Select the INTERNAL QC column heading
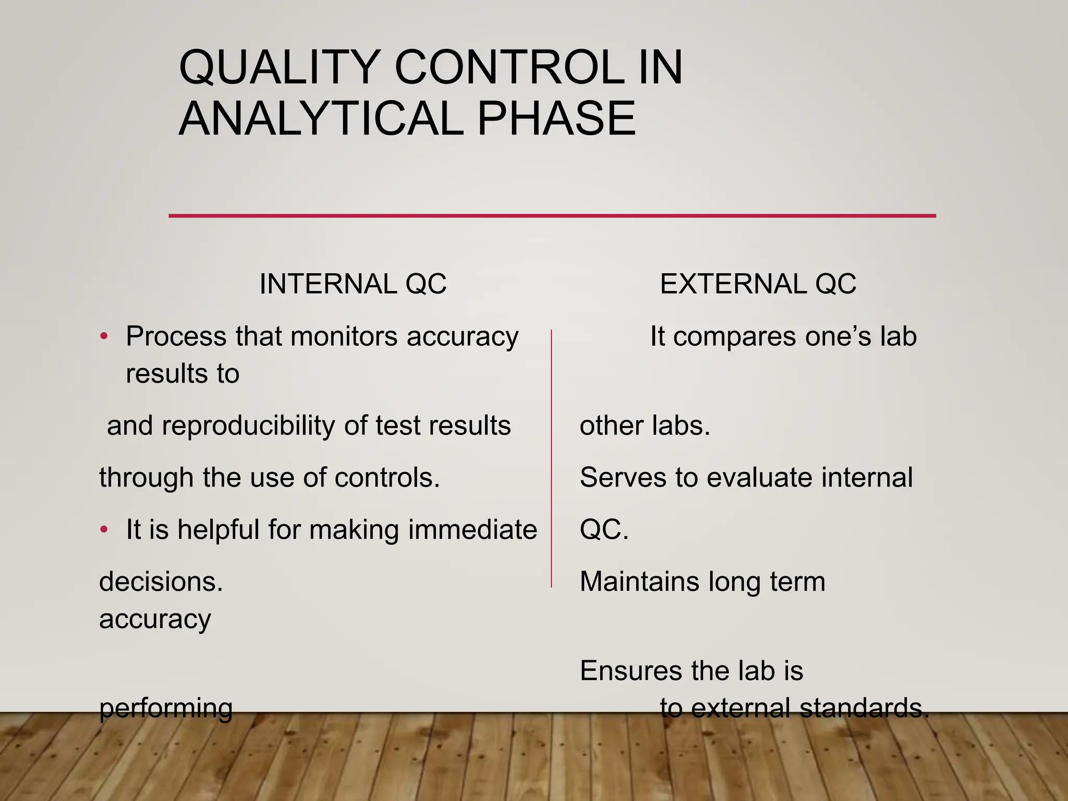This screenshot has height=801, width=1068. coord(353,284)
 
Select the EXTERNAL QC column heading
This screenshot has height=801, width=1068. coord(758,284)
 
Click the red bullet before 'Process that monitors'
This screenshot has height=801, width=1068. coord(104,336)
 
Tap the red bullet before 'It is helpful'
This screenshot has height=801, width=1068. coord(104,530)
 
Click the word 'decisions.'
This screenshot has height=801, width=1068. coord(161,582)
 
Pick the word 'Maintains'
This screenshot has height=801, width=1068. coord(640,582)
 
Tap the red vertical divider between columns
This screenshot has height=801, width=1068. coord(551,459)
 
